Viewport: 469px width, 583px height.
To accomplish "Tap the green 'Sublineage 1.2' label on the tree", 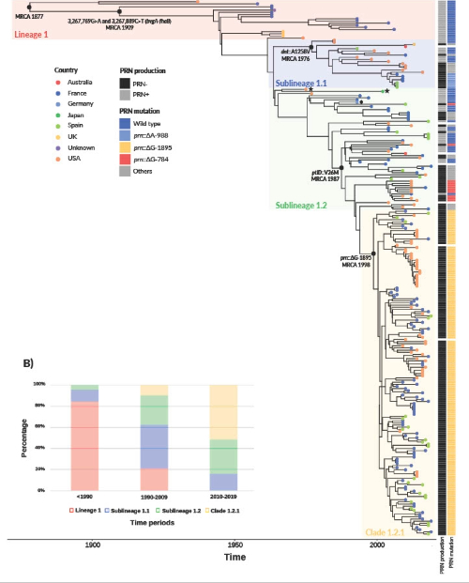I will pyautogui.click(x=299, y=204).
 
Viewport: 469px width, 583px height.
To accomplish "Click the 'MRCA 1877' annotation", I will pyautogui.click(x=30, y=16).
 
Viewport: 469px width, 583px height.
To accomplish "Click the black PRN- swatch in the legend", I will pyautogui.click(x=128, y=82).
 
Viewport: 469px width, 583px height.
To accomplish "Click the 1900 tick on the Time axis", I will pyautogui.click(x=92, y=545).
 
